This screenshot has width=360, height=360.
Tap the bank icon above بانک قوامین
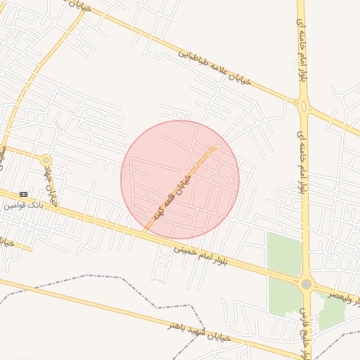pyautogui.click(x=24, y=194)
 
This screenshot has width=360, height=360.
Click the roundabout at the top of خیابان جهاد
pyautogui.click(x=46, y=160)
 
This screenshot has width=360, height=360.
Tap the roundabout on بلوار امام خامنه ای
pyautogui.click(x=304, y=107)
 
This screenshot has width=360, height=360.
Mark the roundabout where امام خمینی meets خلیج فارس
pyautogui.click(x=306, y=284)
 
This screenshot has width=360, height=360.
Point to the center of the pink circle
pyautogui.click(x=180, y=180)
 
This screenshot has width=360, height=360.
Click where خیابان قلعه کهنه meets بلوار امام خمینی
pyautogui.click(x=145, y=231)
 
